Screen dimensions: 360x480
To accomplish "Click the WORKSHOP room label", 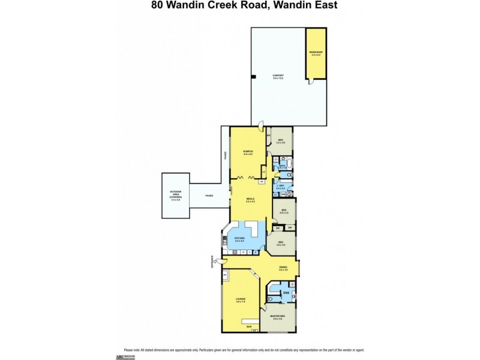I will (316, 53).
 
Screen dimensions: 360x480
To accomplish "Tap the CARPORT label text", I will (278, 76).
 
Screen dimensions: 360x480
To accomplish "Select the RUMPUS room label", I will (248, 151).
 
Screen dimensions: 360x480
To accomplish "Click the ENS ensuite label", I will (286, 293).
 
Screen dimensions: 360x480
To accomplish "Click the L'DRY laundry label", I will (281, 187).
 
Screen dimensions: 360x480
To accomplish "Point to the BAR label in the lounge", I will (248, 326).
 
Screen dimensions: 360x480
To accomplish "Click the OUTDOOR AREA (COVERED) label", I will (175, 196).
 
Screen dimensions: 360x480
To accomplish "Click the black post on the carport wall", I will (254, 76).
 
